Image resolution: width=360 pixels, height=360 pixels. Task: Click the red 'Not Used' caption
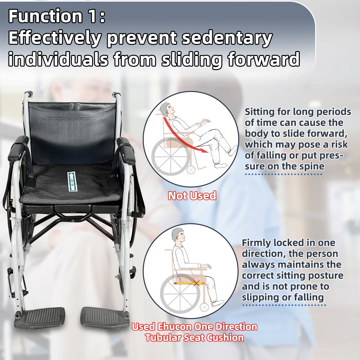[x=192, y=196]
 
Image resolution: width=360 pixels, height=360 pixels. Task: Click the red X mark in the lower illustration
[x=196, y=283]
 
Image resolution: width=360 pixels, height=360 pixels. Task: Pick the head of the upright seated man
[x=179, y=235]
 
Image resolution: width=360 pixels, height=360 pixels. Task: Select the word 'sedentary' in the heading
[x=227, y=38]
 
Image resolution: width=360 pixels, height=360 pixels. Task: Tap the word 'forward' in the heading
[x=263, y=59]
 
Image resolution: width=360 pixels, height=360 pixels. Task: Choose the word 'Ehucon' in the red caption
[x=174, y=327]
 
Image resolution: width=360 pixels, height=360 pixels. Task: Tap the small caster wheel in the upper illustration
[x=191, y=170]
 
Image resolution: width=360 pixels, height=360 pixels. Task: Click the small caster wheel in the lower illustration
[x=204, y=307]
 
